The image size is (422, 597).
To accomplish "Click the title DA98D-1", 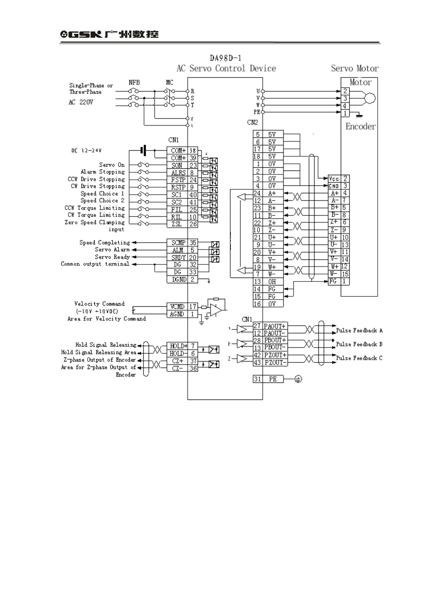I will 226,58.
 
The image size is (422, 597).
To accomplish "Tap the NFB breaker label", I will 134,82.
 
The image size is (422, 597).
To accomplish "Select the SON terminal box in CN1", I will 177,165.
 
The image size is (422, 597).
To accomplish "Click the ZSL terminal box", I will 177,224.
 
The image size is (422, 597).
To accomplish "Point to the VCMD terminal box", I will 177,307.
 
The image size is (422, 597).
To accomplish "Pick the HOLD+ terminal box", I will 177,346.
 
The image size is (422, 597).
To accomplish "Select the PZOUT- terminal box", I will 275,363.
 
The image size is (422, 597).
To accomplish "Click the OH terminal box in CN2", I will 272,281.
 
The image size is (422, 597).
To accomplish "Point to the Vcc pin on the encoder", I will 334,179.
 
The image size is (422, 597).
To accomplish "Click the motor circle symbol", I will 370,98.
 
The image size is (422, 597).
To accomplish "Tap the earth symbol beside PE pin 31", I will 298,379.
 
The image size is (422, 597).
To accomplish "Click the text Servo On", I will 112,165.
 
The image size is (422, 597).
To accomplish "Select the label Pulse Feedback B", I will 359,344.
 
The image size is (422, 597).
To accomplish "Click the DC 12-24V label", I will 86,150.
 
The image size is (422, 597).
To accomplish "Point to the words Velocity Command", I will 99,304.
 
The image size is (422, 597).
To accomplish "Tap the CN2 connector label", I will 252,122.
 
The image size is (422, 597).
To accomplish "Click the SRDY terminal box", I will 178,257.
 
